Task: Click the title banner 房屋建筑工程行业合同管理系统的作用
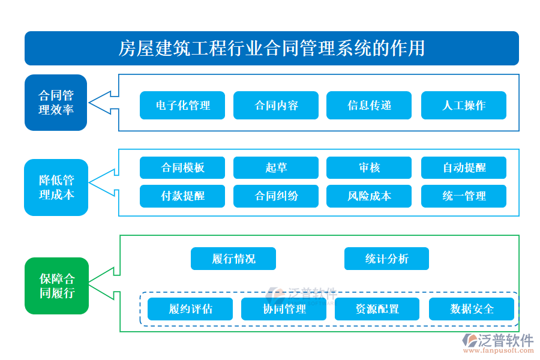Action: (x=271, y=48)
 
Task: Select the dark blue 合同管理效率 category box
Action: (x=56, y=103)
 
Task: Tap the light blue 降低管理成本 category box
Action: (x=56, y=187)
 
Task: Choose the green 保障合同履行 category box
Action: (x=56, y=286)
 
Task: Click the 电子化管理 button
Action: (x=182, y=106)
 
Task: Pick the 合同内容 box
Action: (x=275, y=106)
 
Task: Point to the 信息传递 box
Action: (x=369, y=106)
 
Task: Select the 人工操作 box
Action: (x=463, y=106)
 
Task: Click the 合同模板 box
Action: (x=182, y=168)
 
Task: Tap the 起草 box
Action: (x=275, y=168)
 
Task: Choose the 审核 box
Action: (x=369, y=168)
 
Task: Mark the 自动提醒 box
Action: (x=463, y=168)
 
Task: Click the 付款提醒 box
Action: (x=182, y=196)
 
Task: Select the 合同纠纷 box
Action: (x=275, y=196)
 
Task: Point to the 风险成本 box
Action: (x=369, y=196)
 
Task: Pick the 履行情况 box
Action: (x=233, y=259)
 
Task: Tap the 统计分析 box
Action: (x=386, y=259)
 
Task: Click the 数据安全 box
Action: (x=471, y=309)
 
